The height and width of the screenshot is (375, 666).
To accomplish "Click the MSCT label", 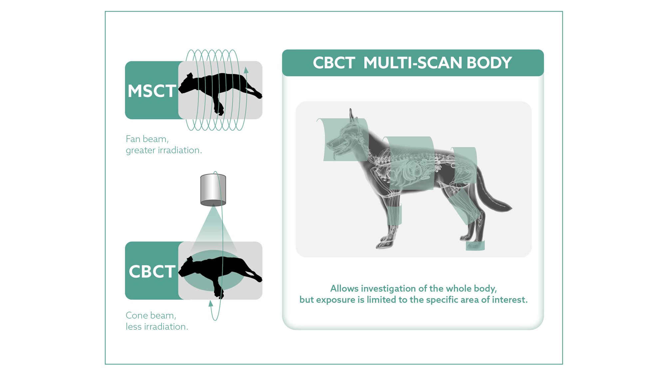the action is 152,91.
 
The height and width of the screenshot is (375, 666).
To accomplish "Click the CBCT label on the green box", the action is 152,272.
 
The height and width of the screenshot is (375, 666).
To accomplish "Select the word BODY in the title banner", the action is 489,63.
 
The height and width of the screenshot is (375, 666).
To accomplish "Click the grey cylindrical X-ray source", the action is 213,190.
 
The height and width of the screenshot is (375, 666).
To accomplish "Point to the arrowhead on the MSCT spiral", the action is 246,70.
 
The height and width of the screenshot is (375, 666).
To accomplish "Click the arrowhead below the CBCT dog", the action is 210,303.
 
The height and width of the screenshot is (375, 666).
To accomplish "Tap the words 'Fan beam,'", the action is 147,139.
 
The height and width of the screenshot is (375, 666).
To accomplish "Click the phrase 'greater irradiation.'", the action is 164,150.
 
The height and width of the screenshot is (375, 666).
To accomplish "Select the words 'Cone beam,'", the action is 151,315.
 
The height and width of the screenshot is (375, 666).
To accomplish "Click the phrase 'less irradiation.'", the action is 157,327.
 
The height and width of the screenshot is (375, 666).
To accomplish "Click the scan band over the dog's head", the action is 343,140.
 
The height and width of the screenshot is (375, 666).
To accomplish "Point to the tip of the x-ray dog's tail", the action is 511,208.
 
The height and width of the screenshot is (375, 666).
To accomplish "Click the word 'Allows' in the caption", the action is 344,289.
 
